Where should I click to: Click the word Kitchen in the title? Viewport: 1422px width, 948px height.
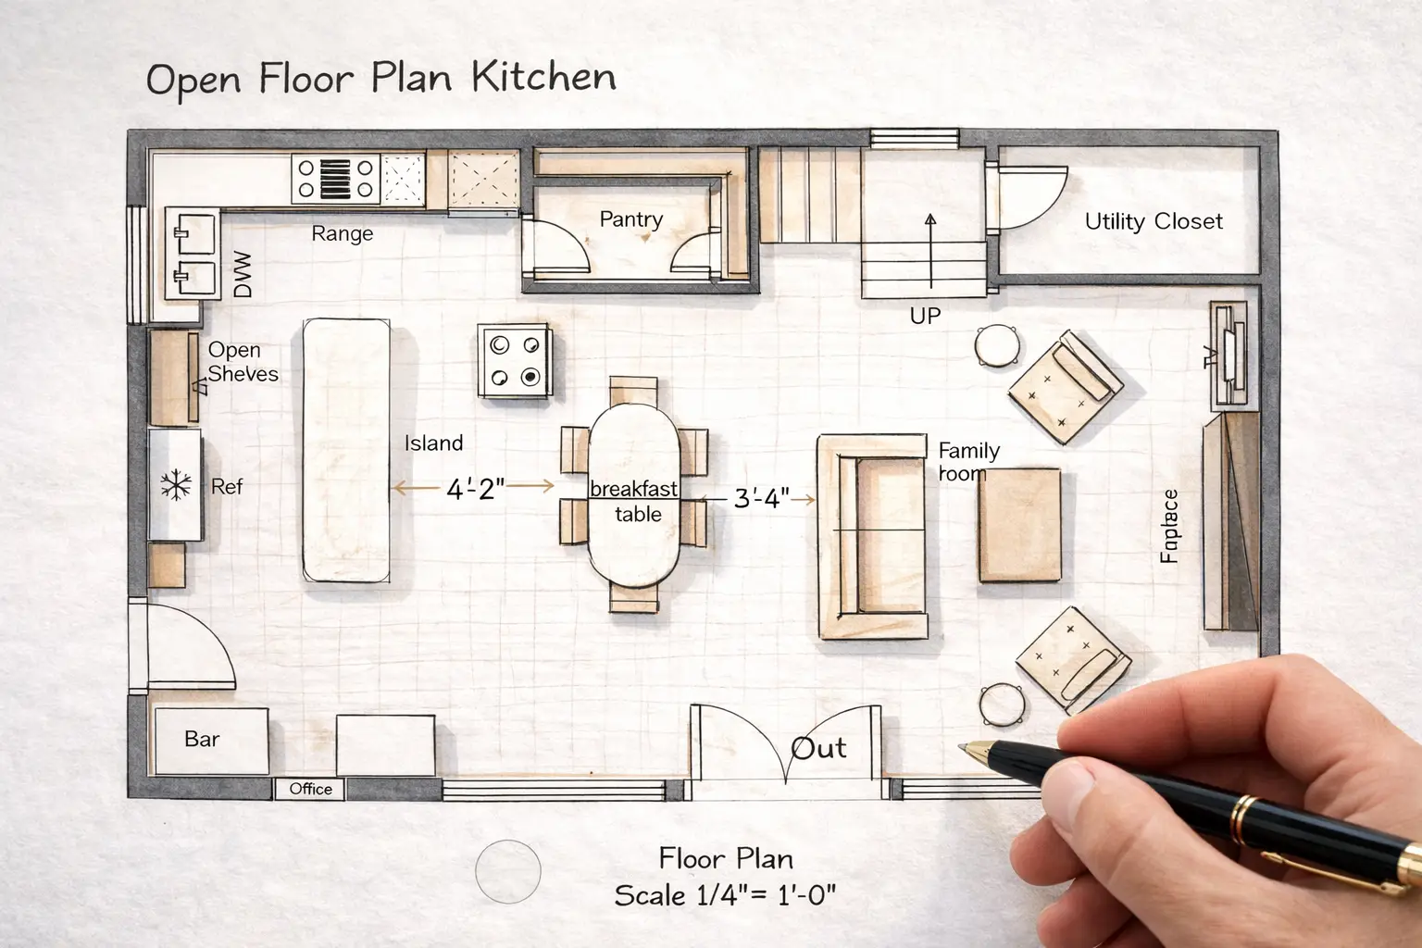pyautogui.click(x=543, y=77)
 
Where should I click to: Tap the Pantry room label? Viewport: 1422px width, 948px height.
pyautogui.click(x=631, y=219)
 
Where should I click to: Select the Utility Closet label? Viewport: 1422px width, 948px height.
pyautogui.click(x=1154, y=221)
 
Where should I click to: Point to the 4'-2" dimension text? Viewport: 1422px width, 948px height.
pyautogui.click(x=476, y=489)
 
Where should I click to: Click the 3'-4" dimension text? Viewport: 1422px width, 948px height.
pyautogui.click(x=761, y=499)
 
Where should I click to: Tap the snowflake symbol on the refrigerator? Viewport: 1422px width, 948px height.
pyautogui.click(x=175, y=484)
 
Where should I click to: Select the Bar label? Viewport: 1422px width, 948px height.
pyautogui.click(x=202, y=739)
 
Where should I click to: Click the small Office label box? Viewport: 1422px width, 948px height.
pyautogui.click(x=310, y=789)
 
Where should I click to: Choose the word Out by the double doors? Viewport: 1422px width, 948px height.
pyautogui.click(x=819, y=748)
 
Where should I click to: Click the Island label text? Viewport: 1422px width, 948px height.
pyautogui.click(x=433, y=443)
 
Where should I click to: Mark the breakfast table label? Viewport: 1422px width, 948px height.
pyautogui.click(x=635, y=500)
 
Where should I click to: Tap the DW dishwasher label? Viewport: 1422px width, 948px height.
pyautogui.click(x=243, y=275)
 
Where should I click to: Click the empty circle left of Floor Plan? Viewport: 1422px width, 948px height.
pyautogui.click(x=507, y=871)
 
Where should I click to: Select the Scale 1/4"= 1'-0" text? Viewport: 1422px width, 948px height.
pyautogui.click(x=725, y=895)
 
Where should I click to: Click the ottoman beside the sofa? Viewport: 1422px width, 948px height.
pyautogui.click(x=1019, y=525)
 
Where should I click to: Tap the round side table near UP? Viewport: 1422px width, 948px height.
pyautogui.click(x=996, y=345)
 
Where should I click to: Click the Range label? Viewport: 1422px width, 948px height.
pyautogui.click(x=342, y=233)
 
